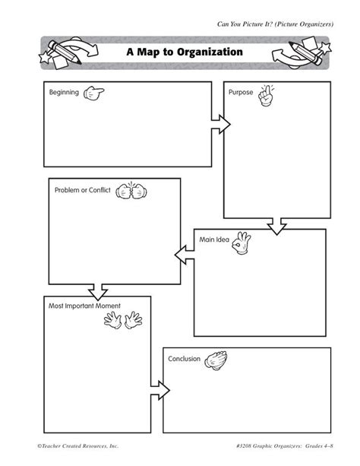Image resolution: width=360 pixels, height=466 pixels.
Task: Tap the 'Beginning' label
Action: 64,92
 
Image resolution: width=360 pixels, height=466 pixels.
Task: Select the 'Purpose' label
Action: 241,92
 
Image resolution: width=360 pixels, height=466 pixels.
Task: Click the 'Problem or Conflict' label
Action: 82,189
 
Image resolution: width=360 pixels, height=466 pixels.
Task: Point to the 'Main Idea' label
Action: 214,239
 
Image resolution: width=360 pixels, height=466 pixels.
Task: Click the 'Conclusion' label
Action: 184,358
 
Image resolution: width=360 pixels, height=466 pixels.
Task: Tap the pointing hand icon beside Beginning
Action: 95,93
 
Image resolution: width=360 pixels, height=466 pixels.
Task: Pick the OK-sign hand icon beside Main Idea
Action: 242,243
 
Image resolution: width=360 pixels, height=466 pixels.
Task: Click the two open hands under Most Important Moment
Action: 122,321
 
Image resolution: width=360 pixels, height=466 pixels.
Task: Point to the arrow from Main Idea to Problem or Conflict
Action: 185,252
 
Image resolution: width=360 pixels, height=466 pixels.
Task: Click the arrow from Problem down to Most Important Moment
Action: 98,290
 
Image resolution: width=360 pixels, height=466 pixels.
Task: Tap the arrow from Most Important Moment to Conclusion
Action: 156,382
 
